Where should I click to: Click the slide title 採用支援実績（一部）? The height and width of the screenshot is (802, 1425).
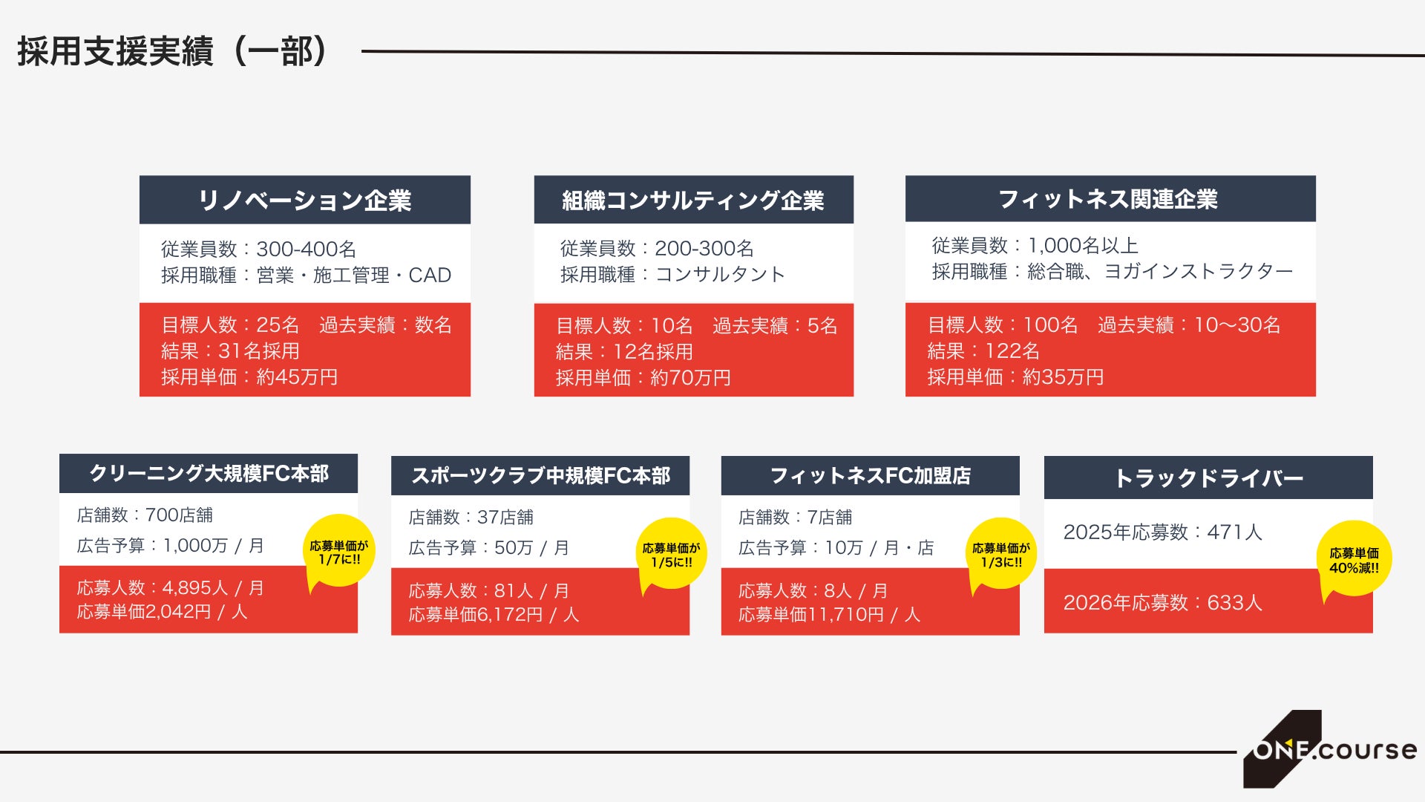172,52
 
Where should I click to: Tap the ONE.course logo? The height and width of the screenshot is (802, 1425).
1329,749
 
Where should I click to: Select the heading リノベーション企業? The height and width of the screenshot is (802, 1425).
304,200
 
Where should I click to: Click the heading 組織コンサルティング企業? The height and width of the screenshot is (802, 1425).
693,200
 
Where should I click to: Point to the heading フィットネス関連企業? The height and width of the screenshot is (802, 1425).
1109,199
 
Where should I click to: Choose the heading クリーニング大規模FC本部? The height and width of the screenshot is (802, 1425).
209,474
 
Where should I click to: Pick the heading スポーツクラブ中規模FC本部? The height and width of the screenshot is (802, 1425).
540,476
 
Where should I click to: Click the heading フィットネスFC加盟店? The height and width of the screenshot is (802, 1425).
871,476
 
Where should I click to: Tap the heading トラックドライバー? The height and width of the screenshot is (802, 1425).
1209,478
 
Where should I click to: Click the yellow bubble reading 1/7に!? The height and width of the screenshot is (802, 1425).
339,551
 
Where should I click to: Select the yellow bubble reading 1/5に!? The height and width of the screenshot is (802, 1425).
672,554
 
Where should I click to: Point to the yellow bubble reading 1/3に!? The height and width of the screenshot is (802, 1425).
1002,554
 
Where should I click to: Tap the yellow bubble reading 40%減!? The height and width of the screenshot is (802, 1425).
1354,559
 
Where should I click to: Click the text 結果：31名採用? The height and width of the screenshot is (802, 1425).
231,351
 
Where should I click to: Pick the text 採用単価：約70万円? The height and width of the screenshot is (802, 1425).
643,378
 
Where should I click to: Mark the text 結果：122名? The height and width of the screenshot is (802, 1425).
983,351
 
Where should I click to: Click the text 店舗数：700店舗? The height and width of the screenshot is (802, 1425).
145,515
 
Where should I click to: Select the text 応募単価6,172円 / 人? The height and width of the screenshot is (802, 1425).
494,615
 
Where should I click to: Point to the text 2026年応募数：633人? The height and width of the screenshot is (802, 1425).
1163,602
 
